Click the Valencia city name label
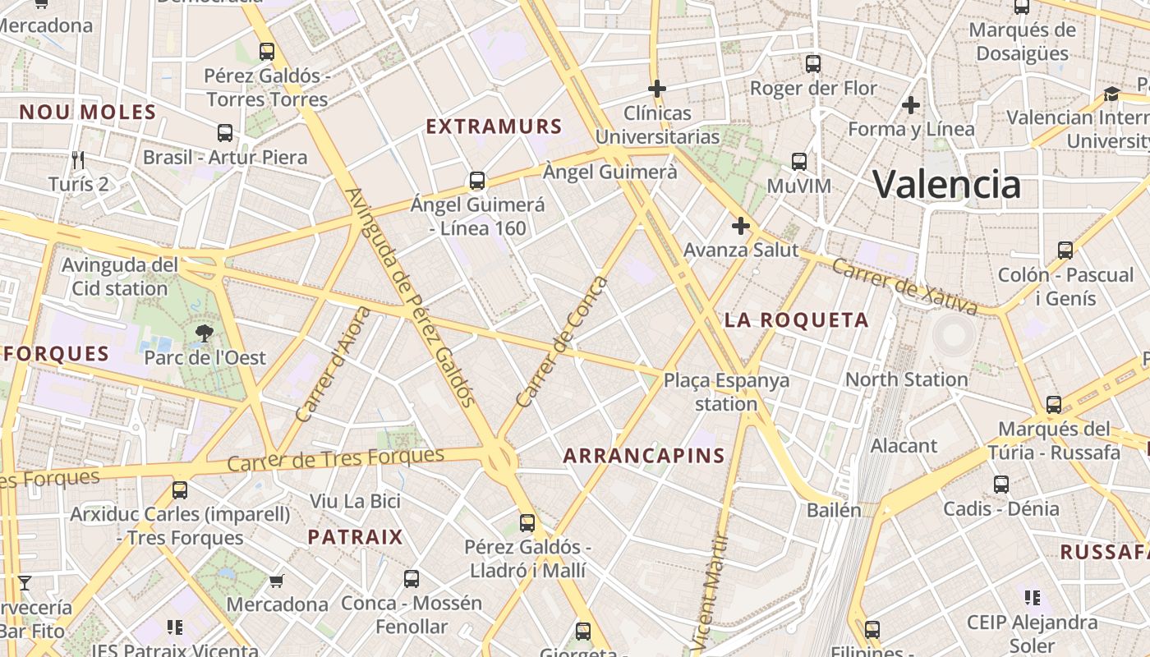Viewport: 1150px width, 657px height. point(946,183)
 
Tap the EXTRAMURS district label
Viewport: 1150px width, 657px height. point(494,126)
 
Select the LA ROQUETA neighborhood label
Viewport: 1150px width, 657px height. point(796,320)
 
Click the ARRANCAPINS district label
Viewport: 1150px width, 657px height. point(644,456)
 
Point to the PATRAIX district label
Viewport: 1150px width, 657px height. point(355,537)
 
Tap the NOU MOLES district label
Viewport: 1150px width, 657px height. point(87,113)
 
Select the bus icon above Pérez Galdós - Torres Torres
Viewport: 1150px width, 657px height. point(267,52)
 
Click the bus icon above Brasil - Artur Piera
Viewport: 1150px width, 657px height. point(225,133)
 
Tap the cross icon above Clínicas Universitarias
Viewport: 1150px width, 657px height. point(657,88)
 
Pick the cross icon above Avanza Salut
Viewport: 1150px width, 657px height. point(741,226)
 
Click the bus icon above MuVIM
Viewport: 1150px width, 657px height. point(799,162)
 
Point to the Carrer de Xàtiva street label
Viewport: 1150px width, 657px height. point(904,287)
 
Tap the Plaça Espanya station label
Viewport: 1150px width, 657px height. point(726,392)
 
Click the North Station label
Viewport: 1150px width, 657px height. point(906,379)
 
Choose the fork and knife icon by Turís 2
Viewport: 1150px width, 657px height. point(79,159)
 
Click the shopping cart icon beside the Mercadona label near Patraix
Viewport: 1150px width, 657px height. point(277,581)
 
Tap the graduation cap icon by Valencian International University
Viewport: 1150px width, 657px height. point(1111,94)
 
